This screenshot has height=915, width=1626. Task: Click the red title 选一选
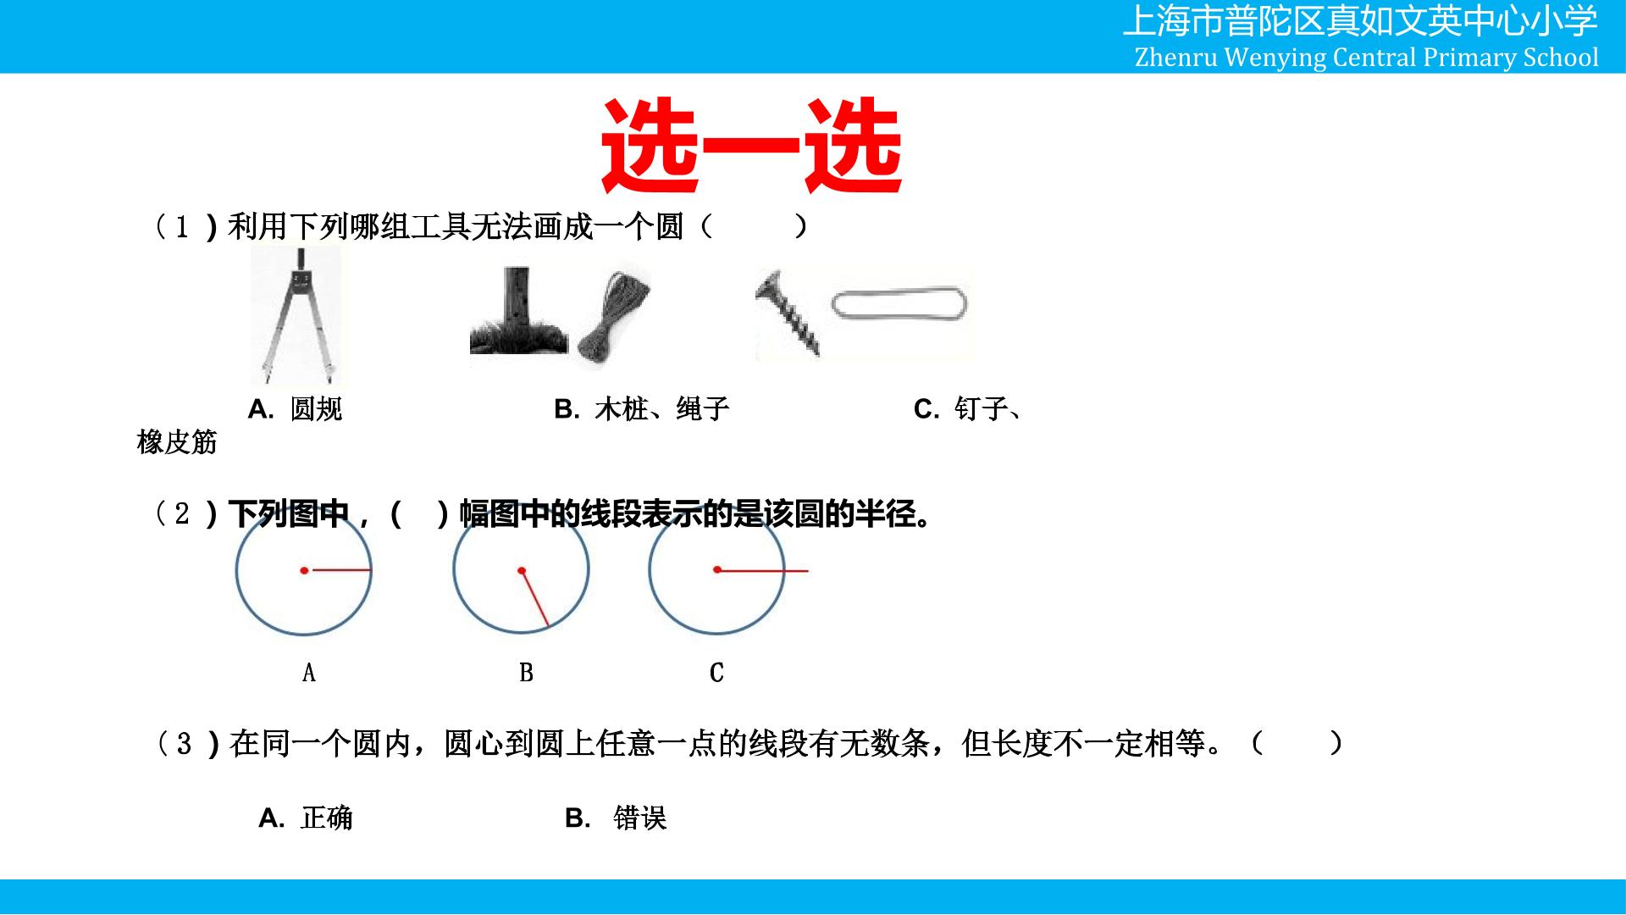751,146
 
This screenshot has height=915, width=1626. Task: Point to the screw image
788,313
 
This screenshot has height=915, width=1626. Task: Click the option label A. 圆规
296,409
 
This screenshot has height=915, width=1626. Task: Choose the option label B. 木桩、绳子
641,409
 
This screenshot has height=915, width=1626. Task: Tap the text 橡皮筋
177,441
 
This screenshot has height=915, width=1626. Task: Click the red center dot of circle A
304,570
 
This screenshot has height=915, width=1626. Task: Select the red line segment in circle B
535,598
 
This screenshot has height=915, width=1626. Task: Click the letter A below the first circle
309,673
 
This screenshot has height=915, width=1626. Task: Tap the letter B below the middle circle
526,673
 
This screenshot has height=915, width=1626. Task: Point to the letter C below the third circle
716,673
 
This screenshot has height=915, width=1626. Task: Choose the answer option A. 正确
306,818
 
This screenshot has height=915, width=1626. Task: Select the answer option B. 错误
616,818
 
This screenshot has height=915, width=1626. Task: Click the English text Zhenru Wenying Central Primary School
1366,57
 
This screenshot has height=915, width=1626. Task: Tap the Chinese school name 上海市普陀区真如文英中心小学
1360,21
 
